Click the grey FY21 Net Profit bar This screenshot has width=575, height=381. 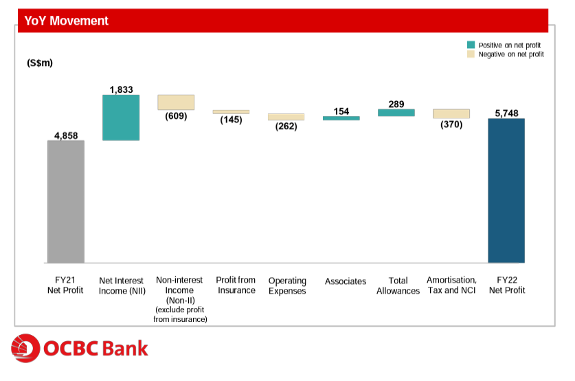click(66, 202)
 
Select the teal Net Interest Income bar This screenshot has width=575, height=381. click(121, 117)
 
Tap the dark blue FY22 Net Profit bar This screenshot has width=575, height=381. click(506, 190)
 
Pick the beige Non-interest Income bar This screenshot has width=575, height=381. click(176, 102)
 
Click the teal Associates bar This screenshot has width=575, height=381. click(341, 118)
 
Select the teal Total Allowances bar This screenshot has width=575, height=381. click(396, 112)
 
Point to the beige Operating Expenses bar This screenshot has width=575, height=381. click(286, 117)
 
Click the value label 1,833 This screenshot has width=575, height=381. click(121, 89)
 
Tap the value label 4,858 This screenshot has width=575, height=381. click(66, 135)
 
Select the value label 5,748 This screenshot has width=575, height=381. click(506, 113)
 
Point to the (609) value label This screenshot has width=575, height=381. click(176, 116)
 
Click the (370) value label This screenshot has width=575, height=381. click(451, 124)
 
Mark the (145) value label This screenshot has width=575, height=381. click(231, 120)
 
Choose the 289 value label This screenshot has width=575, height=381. click(396, 104)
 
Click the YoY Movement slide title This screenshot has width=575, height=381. click(67, 21)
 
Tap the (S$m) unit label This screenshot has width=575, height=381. click(40, 63)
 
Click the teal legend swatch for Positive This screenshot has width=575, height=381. click(471, 45)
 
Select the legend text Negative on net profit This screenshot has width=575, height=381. click(511, 54)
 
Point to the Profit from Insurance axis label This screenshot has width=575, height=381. click(236, 285)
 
